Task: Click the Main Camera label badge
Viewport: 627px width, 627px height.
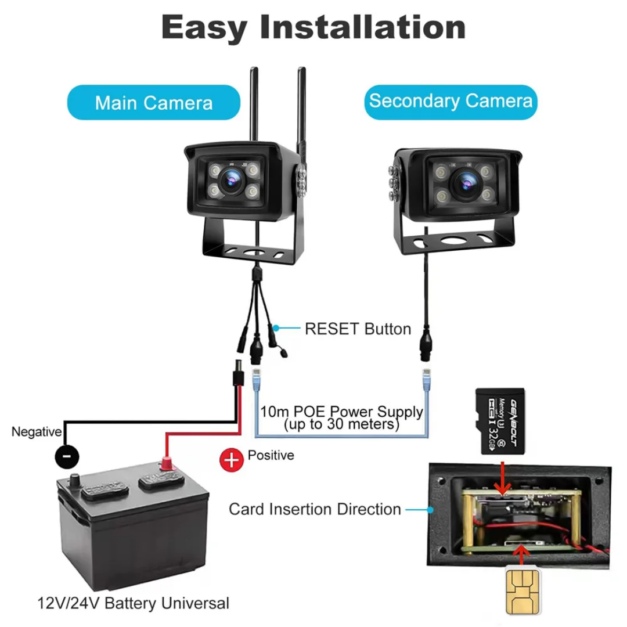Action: pos(154,103)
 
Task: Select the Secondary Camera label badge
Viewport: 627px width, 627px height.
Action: pos(451,101)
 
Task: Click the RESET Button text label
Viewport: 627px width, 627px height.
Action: pos(358,329)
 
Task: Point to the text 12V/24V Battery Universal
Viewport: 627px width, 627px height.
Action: pos(134,603)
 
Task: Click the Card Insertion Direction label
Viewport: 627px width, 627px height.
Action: pos(315,510)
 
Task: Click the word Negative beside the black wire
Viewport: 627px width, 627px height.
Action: pos(37,431)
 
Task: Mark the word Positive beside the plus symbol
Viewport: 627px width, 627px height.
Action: pos(271,455)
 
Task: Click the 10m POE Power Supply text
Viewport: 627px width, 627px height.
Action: pos(341,412)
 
